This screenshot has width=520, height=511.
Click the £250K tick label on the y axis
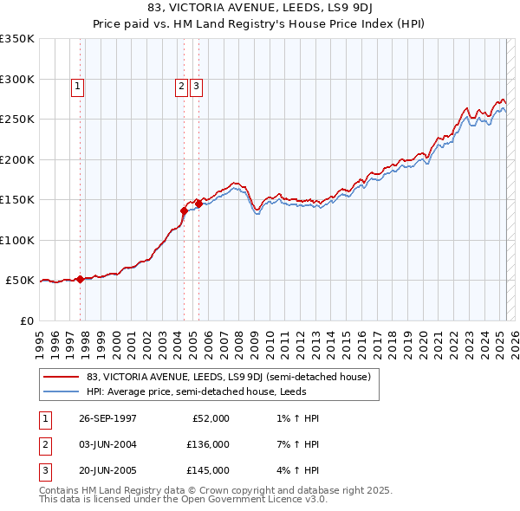17,119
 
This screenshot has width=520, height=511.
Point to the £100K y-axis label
17,240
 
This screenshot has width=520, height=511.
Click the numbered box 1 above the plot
78,86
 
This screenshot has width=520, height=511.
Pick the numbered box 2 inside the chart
181,86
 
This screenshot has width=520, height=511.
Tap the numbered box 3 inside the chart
197,86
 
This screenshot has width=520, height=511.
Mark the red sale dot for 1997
81,279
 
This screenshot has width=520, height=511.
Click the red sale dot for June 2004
184,210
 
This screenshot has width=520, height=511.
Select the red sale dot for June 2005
198,204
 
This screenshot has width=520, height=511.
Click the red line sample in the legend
61,377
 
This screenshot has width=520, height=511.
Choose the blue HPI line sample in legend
61,391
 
